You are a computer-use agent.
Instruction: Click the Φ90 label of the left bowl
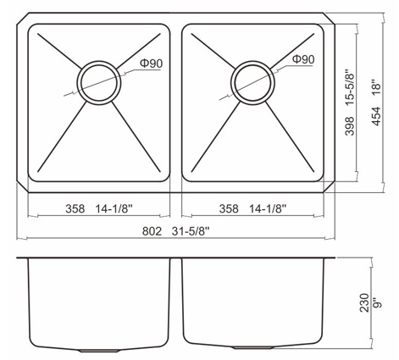coord(152,64)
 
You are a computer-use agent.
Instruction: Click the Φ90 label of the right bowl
coord(303,59)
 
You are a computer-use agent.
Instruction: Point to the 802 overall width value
coord(152,231)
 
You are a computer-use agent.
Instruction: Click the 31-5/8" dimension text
coord(190,231)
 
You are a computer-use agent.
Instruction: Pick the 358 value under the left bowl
coord(75,208)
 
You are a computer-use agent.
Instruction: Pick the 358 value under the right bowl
coord(229,208)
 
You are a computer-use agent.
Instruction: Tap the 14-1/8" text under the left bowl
coord(114,208)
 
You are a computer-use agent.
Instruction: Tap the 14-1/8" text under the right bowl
coord(268,208)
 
